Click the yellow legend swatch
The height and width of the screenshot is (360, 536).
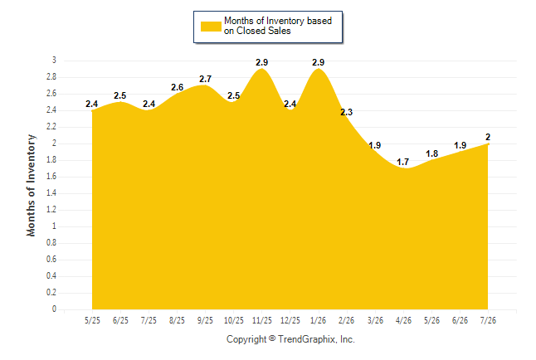211,27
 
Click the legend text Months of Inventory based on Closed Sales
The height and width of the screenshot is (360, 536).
278,26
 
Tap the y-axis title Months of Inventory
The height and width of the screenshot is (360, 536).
31,185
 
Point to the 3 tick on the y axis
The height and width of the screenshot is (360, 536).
54,61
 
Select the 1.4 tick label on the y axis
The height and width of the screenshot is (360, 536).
51,193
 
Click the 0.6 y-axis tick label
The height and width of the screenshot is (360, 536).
51,260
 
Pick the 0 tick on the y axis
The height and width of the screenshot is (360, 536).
54,309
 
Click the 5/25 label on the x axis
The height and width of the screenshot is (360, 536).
92,320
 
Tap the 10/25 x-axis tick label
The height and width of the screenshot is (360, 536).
233,320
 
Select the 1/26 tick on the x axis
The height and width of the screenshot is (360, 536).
319,320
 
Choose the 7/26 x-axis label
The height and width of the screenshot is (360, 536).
488,320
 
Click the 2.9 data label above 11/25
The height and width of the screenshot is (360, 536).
262,62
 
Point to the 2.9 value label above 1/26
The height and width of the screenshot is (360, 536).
319,62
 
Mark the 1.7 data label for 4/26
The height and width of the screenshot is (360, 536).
403,162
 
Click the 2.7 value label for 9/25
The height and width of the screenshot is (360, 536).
206,79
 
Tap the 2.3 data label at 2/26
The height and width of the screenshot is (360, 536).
346,112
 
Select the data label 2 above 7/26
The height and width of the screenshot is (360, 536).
488,137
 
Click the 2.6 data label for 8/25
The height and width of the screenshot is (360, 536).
177,88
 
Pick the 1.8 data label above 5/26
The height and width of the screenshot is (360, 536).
431,153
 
